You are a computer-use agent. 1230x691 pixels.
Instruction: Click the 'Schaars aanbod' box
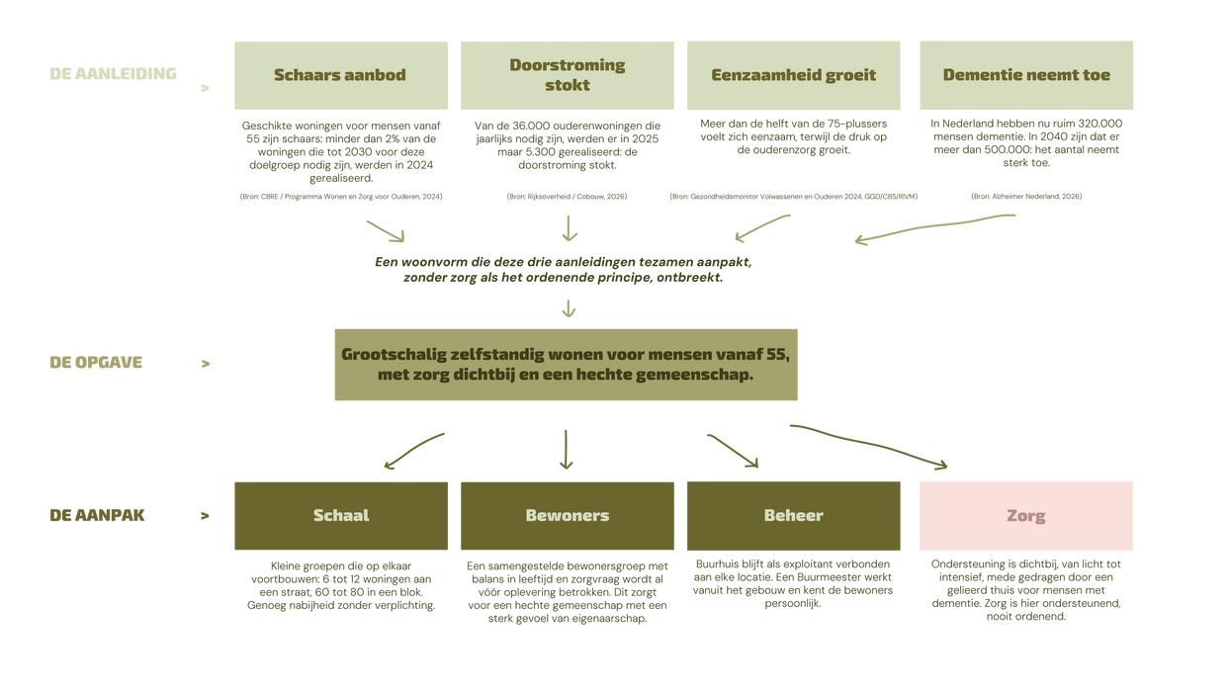pyautogui.click(x=341, y=75)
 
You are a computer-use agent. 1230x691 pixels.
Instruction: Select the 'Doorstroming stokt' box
pyautogui.click(x=568, y=75)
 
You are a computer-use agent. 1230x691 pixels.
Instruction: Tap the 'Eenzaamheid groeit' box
pyautogui.click(x=793, y=75)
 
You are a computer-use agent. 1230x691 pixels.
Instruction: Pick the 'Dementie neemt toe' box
pyautogui.click(x=1026, y=75)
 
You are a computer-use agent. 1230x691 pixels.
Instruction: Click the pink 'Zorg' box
pyautogui.click(x=1026, y=516)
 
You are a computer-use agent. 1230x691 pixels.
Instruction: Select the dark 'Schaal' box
pyautogui.click(x=341, y=516)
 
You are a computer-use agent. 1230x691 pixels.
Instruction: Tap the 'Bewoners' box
pyautogui.click(x=568, y=516)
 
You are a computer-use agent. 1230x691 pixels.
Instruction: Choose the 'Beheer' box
pyautogui.click(x=793, y=516)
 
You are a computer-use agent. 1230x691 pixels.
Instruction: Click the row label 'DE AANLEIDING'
pyautogui.click(x=113, y=73)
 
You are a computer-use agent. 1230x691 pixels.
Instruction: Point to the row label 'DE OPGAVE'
pyautogui.click(x=96, y=362)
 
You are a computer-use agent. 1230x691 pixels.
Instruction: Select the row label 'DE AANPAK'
pyautogui.click(x=97, y=515)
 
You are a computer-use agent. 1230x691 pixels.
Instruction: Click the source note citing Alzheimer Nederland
pyautogui.click(x=1026, y=196)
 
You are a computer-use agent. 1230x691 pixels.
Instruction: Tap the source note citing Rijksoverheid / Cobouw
pyautogui.click(x=567, y=196)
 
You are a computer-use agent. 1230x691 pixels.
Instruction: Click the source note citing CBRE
pyautogui.click(x=341, y=196)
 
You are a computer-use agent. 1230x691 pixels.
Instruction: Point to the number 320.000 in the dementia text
pyautogui.click(x=1099, y=124)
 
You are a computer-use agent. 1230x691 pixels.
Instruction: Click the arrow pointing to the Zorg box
pyautogui.click(x=869, y=444)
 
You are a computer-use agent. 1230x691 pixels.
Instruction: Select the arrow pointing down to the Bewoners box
pyautogui.click(x=567, y=450)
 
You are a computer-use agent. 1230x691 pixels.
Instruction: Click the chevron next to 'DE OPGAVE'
pyautogui.click(x=206, y=364)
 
